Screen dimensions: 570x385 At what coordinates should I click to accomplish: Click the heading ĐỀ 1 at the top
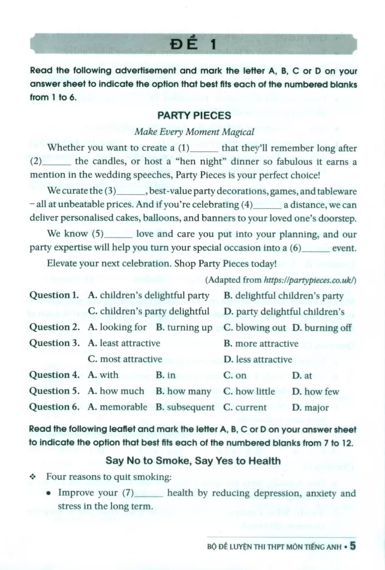click(193, 44)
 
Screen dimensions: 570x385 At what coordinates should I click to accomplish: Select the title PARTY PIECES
click(194, 116)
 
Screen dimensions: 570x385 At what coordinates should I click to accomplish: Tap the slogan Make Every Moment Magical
click(194, 132)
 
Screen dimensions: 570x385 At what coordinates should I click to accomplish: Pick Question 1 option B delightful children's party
click(284, 296)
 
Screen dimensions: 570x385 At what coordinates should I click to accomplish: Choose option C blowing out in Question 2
click(254, 327)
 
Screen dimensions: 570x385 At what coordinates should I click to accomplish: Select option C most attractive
click(125, 359)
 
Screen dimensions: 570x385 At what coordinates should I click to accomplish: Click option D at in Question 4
click(301, 375)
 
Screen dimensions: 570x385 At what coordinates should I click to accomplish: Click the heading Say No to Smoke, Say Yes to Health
click(193, 460)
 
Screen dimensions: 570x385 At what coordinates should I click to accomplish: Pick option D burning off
click(322, 327)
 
